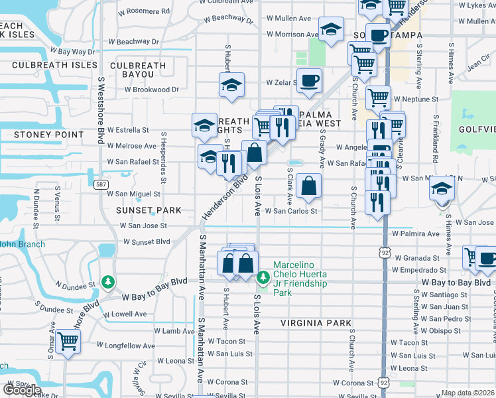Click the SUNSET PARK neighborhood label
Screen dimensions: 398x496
click(x=149, y=210)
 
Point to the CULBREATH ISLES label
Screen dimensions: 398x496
click(x=51, y=66)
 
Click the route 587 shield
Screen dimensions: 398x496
click(x=101, y=184)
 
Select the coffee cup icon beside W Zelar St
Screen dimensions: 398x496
click(x=309, y=82)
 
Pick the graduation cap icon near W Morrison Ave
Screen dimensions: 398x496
click(x=330, y=30)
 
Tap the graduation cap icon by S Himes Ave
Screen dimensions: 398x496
click(x=442, y=190)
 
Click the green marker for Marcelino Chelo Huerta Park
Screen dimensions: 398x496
click(x=263, y=277)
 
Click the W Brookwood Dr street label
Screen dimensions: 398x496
click(x=147, y=90)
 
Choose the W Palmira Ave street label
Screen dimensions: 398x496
click(x=415, y=233)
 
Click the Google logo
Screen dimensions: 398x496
click(x=21, y=390)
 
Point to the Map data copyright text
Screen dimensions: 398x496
click(x=467, y=393)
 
